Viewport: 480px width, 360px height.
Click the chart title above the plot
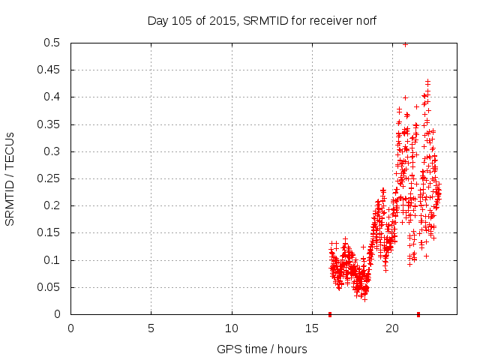tap(262, 21)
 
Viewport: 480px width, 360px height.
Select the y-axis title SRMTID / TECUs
tap(10, 179)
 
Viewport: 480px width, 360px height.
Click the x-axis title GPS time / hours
tap(262, 349)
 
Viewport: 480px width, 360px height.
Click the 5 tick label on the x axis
tap(151, 328)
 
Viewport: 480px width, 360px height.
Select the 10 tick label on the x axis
tap(232, 328)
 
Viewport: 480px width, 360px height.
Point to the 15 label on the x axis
tap(312, 328)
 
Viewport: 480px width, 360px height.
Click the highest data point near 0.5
tap(406, 44)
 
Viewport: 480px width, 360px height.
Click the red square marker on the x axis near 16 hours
tap(330, 314)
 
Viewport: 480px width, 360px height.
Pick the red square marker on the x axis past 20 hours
tap(418, 314)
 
